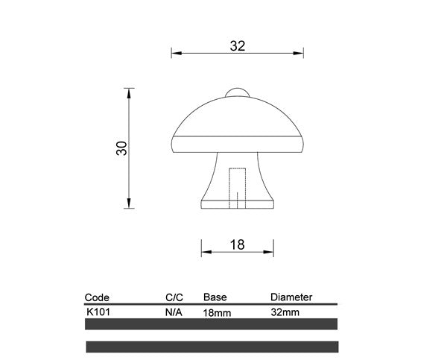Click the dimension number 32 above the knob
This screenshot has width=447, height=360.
(238, 45)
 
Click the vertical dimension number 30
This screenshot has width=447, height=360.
(122, 148)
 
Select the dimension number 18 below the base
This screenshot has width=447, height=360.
(238, 244)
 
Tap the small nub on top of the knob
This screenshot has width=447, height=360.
(237, 92)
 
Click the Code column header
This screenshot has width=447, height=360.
(97, 297)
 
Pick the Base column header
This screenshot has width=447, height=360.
(215, 297)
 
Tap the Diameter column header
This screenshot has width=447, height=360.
(291, 297)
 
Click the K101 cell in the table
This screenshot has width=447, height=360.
(98, 312)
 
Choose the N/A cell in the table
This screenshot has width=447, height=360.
(174, 312)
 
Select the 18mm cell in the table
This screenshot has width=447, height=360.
(217, 313)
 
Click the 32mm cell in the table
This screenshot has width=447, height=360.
(285, 312)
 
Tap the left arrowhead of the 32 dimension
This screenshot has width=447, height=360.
(176, 53)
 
